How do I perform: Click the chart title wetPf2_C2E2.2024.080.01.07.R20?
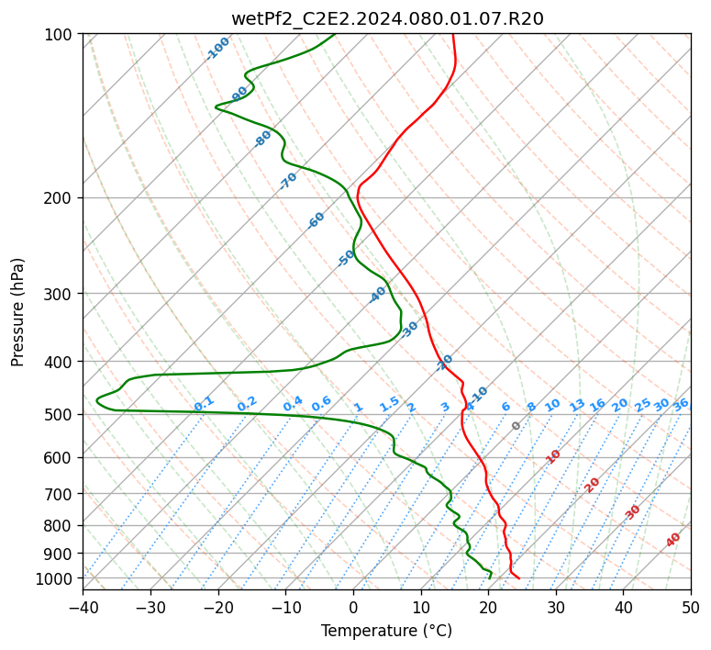coord(387,18)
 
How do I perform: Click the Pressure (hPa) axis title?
coord(17,312)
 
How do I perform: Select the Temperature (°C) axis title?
coord(386,631)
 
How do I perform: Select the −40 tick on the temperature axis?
coord(83,607)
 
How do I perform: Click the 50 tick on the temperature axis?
coord(691,607)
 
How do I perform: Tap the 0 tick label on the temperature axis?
coord(354,607)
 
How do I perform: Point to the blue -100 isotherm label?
coord(217,49)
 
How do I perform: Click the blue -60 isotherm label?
coord(316,220)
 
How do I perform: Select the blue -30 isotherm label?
coord(409,329)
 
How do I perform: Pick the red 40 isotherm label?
coord(672,540)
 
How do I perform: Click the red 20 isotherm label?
coord(592,486)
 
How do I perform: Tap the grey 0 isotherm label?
coord(516,426)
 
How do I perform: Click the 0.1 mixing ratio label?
coord(204,404)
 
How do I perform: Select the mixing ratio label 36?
coord(681,405)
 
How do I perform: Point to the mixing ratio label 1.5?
coord(390,404)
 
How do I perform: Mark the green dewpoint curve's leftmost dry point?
coord(96,399)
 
